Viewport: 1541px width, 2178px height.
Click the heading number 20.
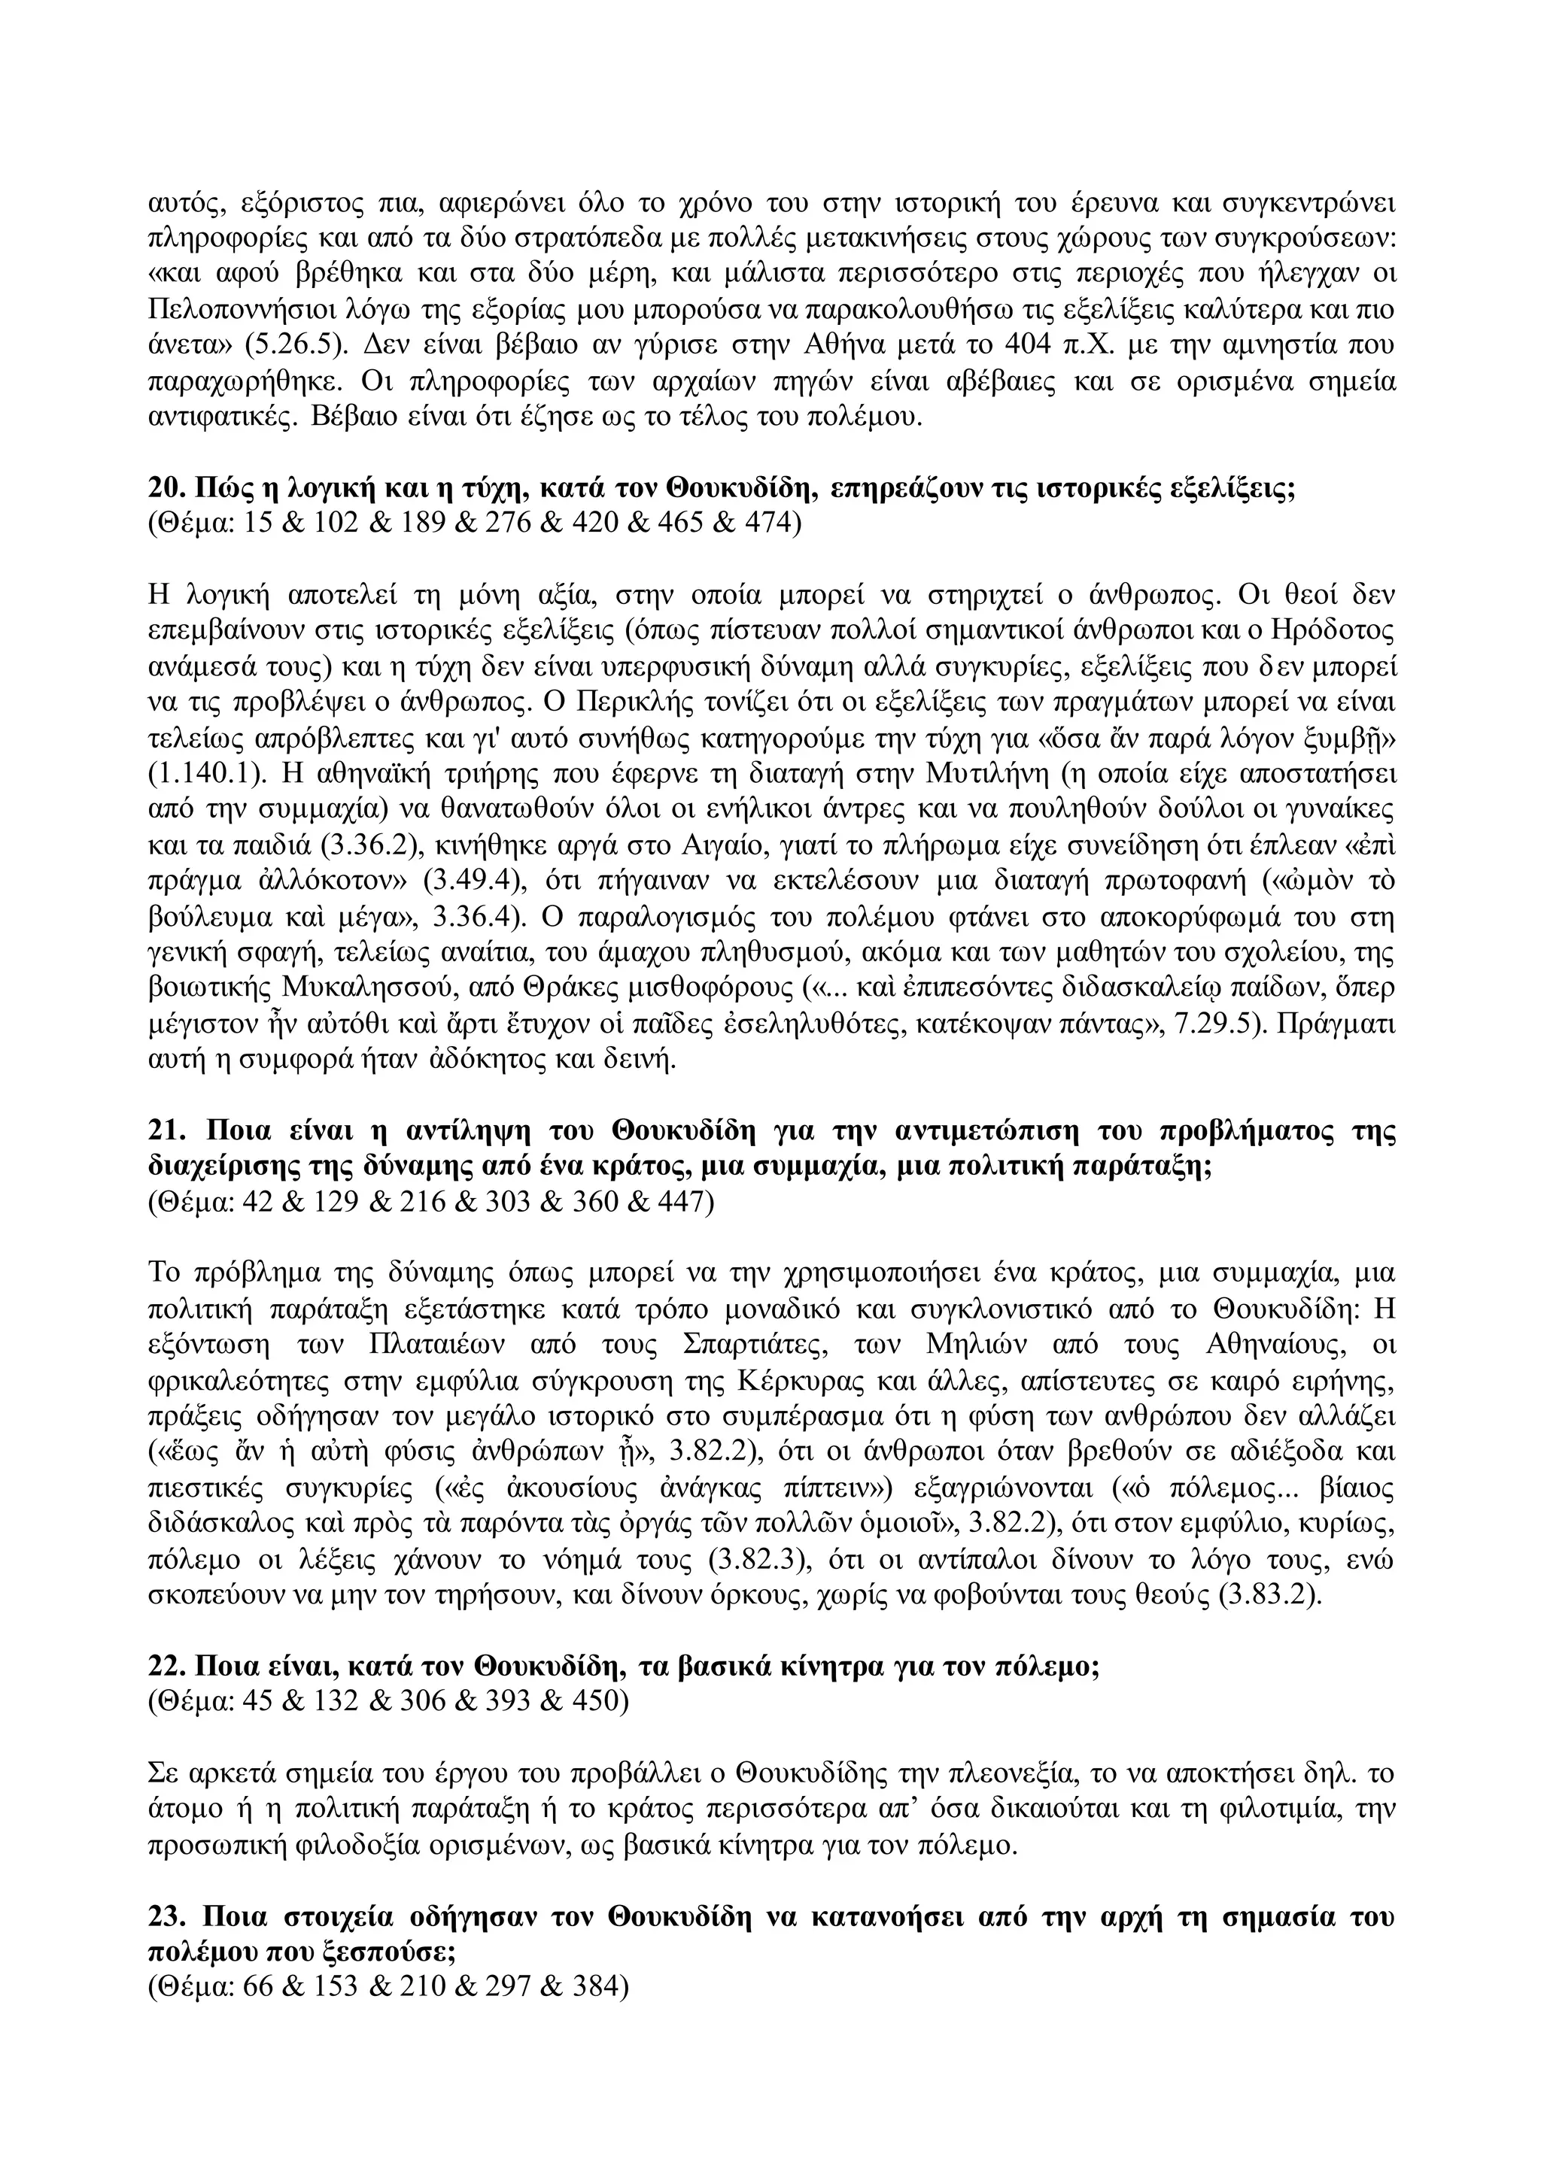(x=166, y=490)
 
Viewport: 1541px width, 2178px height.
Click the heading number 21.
(x=166, y=1132)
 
